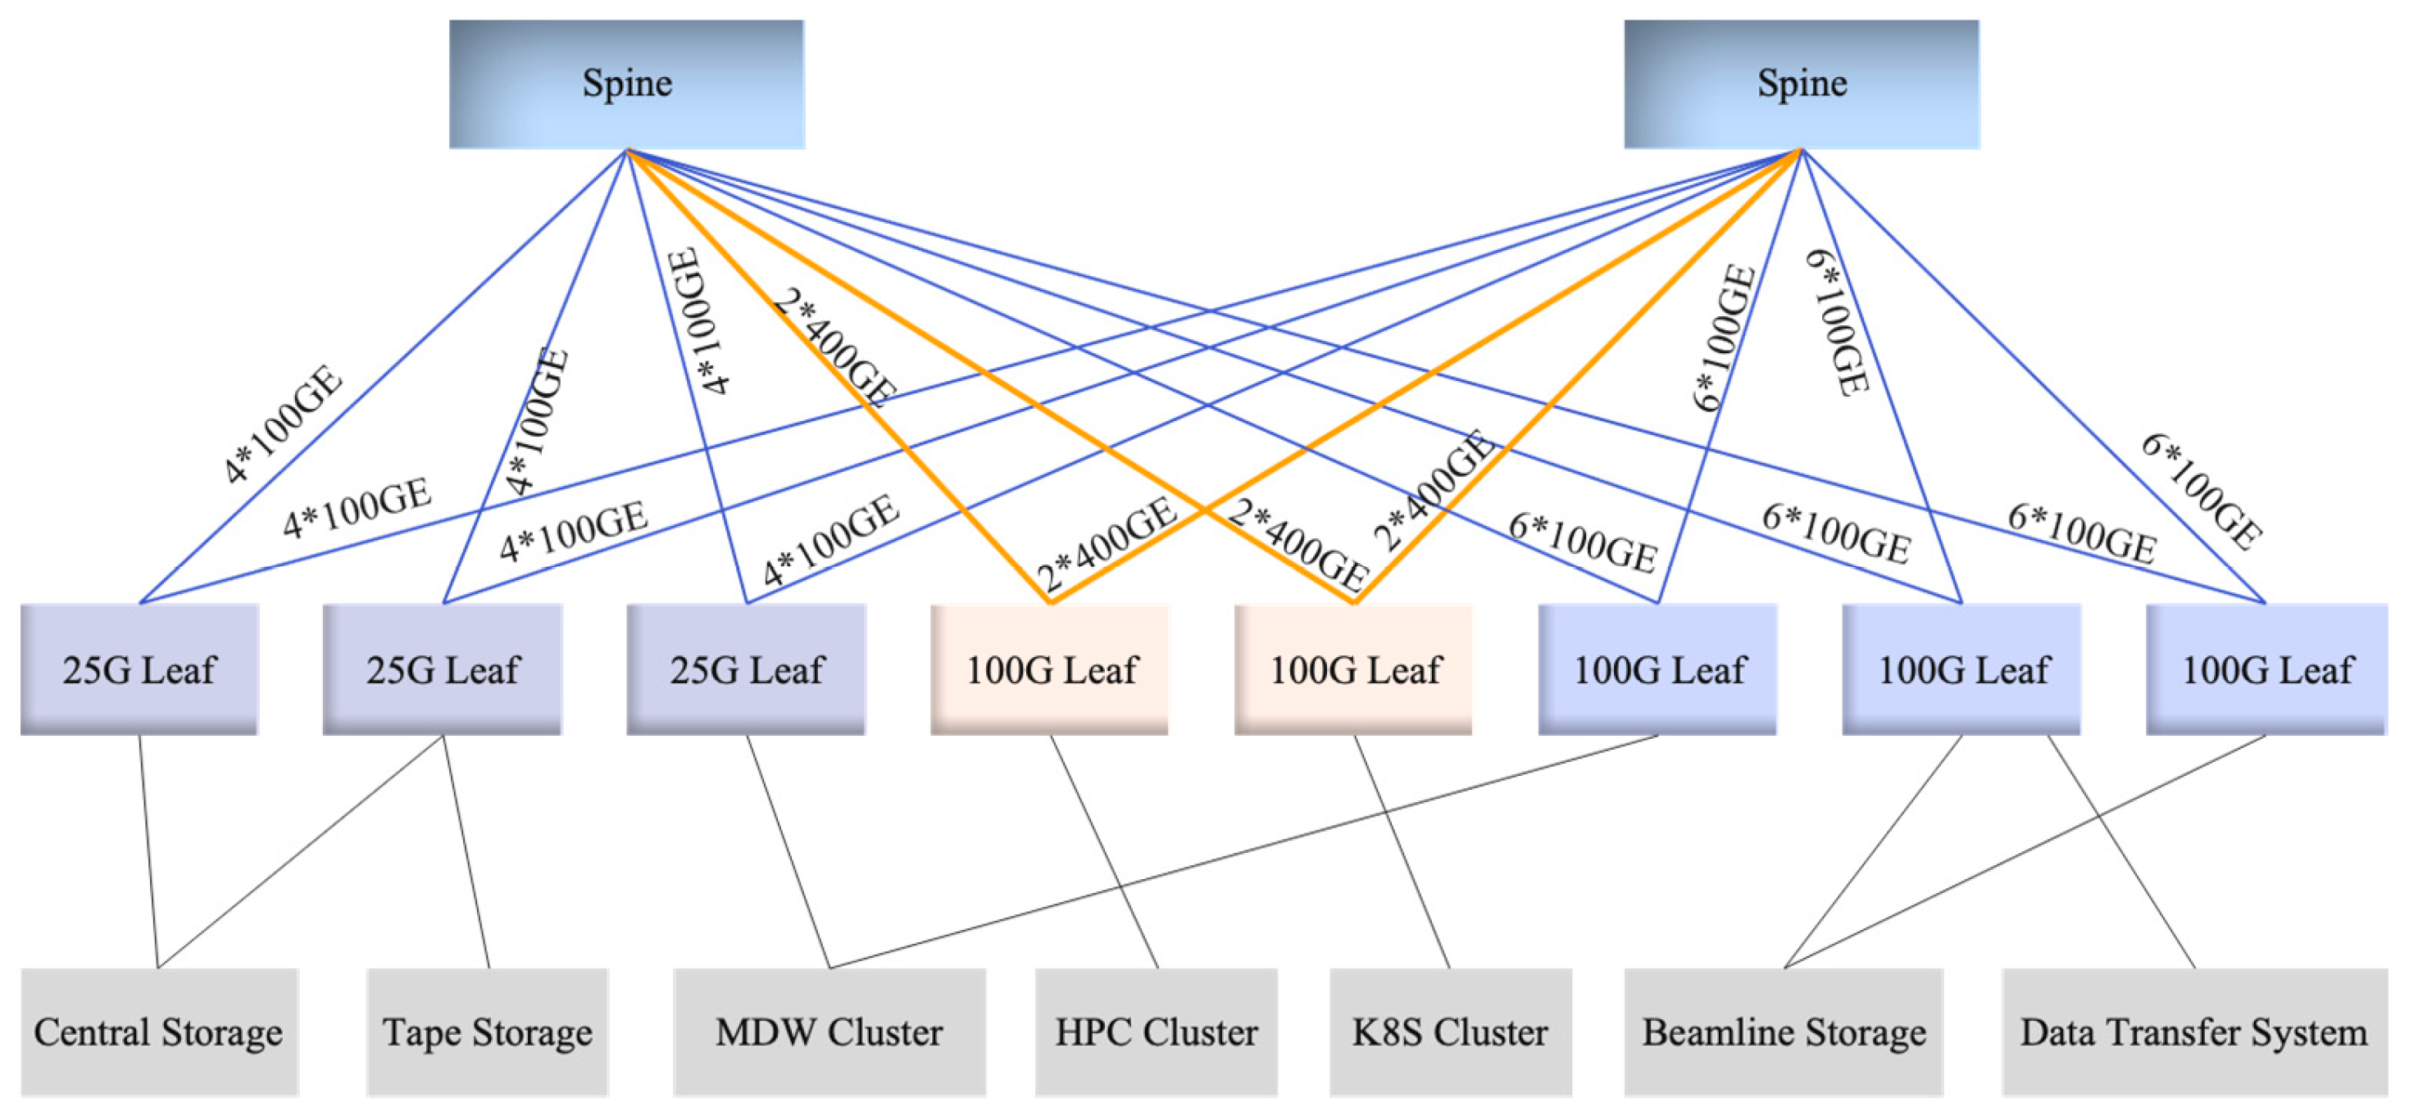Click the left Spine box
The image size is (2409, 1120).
coord(626,84)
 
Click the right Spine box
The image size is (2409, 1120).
coord(1801,84)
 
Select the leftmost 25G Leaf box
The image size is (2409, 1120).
coord(139,669)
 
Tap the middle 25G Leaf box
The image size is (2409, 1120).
coord(443,669)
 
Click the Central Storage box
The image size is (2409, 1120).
coord(159,1032)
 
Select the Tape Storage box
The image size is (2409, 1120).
coord(487,1032)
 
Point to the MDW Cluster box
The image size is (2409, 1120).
coord(829,1032)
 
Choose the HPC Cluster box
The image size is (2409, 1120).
coord(1156,1032)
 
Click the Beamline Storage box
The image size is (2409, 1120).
coord(1784,1032)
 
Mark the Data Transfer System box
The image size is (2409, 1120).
coord(2194,1032)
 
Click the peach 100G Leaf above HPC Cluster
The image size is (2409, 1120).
coord(1050,669)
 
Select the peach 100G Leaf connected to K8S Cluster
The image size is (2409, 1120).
coord(1354,669)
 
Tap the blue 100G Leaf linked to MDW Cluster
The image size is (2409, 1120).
coord(1658,669)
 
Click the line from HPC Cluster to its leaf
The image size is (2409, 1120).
coord(1104,852)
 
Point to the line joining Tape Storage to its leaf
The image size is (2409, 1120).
coord(466,852)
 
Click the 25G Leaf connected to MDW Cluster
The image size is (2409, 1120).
coord(746,669)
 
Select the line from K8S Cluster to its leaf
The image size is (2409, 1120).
coord(1402,852)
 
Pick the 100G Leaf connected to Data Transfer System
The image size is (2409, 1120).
coord(1962,669)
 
